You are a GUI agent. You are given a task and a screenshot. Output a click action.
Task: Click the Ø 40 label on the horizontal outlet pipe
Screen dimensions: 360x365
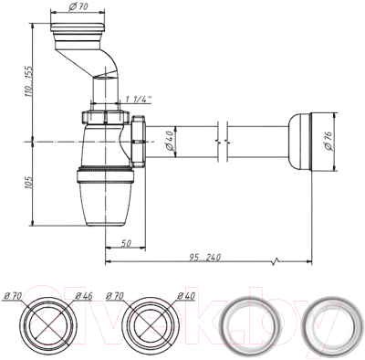tap(169, 141)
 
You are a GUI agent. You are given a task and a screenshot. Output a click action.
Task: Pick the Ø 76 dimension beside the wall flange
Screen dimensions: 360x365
tap(330, 141)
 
